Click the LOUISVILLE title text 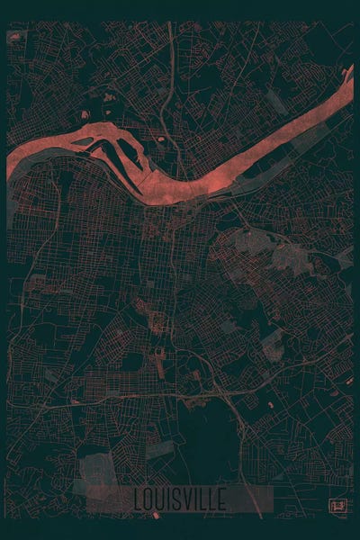click(x=180, y=499)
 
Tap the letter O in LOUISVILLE click(x=148, y=499)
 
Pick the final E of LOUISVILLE click(x=221, y=499)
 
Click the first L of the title click(x=138, y=499)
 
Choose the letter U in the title click(x=160, y=499)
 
